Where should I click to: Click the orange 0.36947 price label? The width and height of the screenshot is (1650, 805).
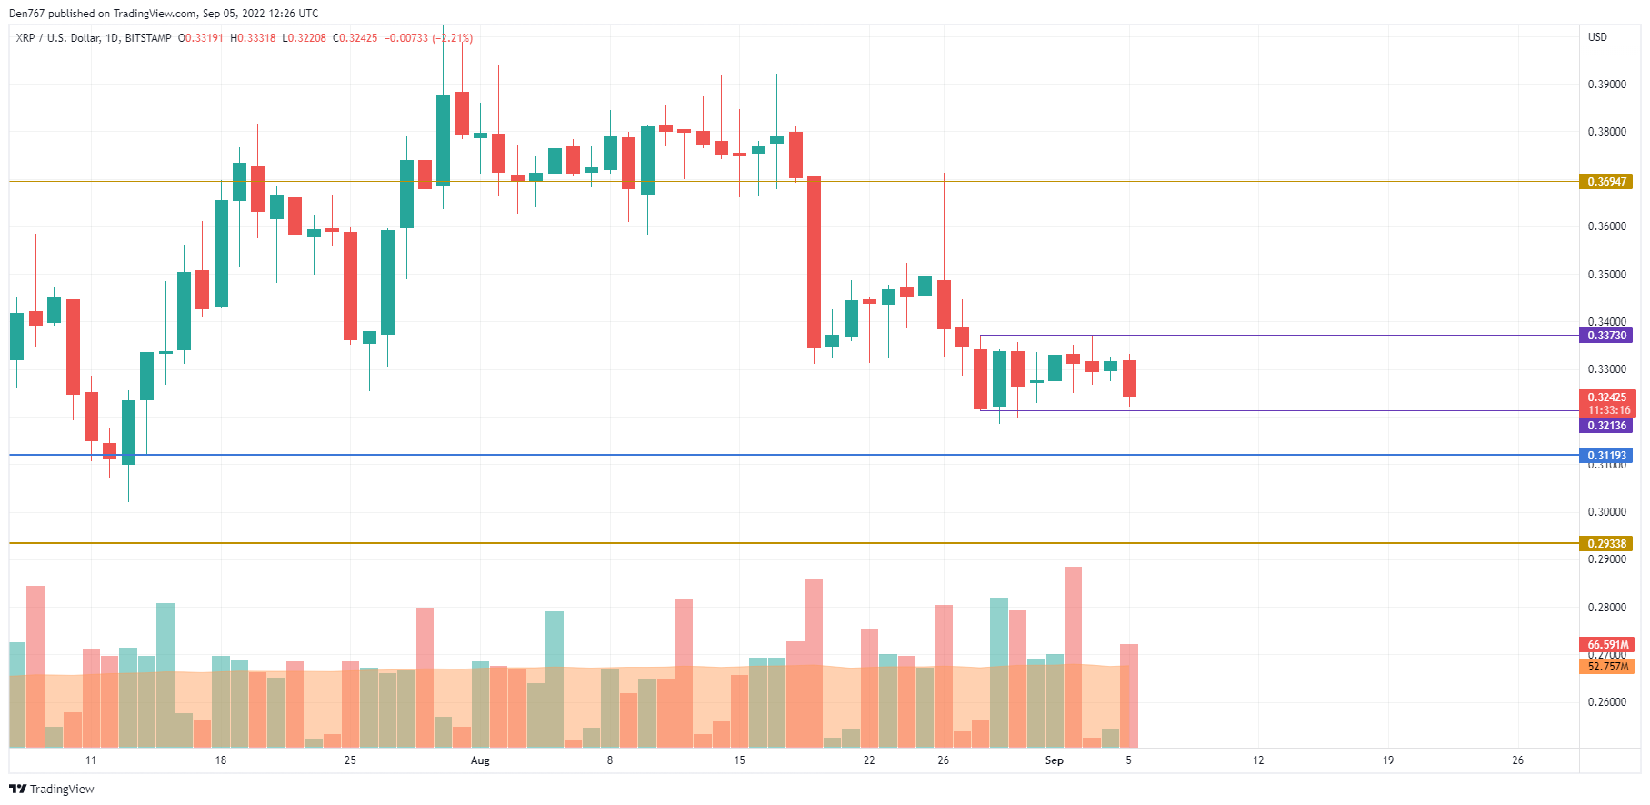(x=1606, y=182)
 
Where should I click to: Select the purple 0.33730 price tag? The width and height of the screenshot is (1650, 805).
(x=1606, y=336)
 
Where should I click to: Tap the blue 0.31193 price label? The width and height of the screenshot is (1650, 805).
(x=1606, y=456)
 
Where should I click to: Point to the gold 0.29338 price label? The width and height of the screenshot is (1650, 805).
(x=1606, y=544)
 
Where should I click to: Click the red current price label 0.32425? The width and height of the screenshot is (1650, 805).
(x=1606, y=397)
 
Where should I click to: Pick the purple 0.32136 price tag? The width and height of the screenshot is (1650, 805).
(x=1606, y=426)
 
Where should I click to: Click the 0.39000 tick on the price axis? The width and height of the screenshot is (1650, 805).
(x=1606, y=85)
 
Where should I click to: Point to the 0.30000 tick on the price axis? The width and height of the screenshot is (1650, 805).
(x=1606, y=512)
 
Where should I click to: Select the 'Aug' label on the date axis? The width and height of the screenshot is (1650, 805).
(x=480, y=760)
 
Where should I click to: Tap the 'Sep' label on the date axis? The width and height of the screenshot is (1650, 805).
(x=1054, y=760)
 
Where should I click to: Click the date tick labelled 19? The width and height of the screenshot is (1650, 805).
(x=1388, y=760)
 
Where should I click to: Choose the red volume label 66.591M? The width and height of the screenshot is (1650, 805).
(x=1606, y=645)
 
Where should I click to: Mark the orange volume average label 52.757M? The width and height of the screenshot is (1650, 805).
(x=1606, y=667)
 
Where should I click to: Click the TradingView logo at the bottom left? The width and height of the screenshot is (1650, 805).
(x=52, y=789)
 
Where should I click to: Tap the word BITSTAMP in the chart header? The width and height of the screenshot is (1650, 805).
(x=148, y=38)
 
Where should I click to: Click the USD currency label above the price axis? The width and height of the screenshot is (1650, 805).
(x=1597, y=37)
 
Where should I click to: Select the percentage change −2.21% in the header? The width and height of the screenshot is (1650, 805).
(x=453, y=38)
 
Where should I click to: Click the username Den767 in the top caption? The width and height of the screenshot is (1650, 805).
(x=26, y=14)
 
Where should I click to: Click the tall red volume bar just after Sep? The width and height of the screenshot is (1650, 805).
(x=1073, y=655)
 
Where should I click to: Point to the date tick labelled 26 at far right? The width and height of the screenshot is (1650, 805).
(x=1517, y=760)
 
